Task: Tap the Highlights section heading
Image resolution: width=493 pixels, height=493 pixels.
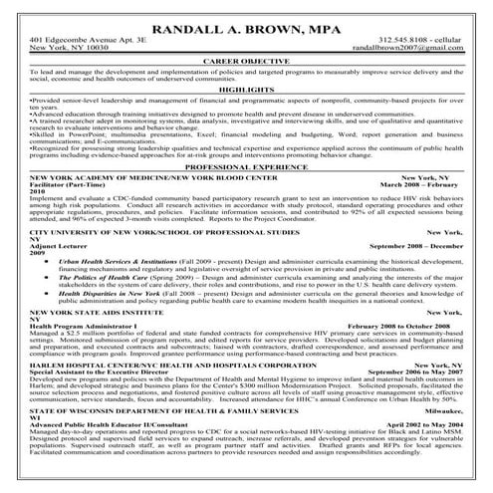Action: (246, 91)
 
